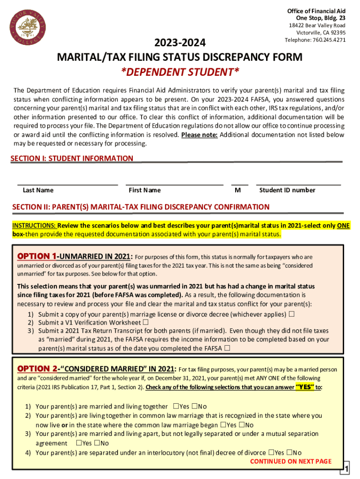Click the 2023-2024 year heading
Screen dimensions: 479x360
[180, 43]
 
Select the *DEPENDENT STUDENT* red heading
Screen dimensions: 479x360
[180, 72]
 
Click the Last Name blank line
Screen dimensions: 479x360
[67, 183]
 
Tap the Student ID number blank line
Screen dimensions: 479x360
[298, 183]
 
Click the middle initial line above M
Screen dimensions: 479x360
[239, 183]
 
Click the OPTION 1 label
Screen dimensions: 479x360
[37, 256]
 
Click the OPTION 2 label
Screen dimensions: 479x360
[37, 369]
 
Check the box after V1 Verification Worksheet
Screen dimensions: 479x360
[145, 322]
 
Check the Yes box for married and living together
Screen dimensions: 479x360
[176, 406]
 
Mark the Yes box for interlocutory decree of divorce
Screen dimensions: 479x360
[271, 452]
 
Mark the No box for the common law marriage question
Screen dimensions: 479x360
[241, 425]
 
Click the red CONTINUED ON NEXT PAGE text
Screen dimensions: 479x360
[291, 461]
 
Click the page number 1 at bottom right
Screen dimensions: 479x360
[346, 469]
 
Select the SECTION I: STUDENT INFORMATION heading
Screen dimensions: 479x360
[72, 159]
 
